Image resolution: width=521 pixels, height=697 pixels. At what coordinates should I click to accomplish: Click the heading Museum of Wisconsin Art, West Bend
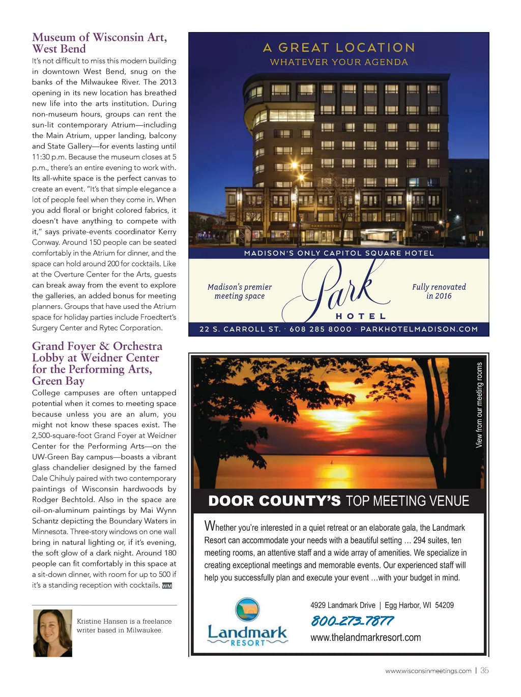99,43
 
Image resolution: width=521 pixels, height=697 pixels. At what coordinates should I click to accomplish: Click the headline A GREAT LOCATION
339,48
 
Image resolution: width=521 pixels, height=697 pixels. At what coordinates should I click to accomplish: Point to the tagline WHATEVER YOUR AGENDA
339,62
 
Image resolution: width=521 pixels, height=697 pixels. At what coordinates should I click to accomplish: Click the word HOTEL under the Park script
361,316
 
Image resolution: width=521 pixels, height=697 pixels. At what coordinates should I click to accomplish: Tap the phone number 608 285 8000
321,329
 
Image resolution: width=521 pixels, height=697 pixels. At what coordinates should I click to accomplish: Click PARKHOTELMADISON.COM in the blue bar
419,329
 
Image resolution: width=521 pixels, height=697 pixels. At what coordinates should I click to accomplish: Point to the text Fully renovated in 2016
439,291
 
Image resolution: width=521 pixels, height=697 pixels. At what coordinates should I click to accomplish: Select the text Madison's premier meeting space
240,291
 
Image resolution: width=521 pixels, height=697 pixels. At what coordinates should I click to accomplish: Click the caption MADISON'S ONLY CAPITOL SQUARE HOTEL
339,253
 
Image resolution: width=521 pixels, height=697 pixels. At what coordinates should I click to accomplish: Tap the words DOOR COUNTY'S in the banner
274,501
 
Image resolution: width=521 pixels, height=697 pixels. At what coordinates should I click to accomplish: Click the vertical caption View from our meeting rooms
479,405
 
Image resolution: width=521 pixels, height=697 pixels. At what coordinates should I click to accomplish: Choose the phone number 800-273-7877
352,621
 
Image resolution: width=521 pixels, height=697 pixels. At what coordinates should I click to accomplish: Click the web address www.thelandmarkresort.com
365,637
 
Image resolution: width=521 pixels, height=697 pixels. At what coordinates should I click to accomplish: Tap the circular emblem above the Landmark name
247,609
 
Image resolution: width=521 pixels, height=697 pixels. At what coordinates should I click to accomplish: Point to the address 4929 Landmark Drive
343,605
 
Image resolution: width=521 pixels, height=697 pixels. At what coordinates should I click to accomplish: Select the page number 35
484,671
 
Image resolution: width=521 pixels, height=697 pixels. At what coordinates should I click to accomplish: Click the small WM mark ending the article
167,586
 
